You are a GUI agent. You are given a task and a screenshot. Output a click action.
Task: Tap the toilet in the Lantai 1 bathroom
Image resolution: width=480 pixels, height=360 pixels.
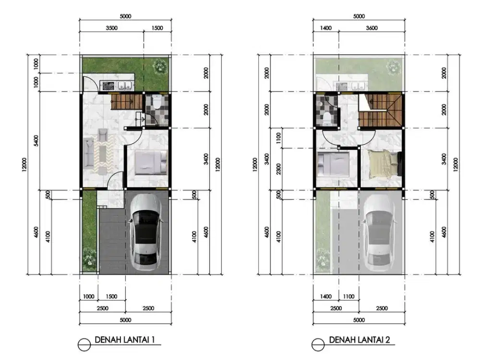coord(157,103)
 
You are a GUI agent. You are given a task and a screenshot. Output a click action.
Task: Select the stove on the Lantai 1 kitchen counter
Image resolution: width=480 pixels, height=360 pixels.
coord(108,86)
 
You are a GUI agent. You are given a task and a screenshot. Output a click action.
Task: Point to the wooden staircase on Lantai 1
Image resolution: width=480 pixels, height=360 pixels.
coord(127,102)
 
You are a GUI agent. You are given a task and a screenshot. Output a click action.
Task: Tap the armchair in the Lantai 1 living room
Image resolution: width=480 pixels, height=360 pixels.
coord(103,134)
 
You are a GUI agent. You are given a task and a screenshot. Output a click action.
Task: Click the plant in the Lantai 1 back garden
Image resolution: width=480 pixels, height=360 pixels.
coord(160,65)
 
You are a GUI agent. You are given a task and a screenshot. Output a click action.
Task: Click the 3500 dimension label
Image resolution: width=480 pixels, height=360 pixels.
coord(112,28)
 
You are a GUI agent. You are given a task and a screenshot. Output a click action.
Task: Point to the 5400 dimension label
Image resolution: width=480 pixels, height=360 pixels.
coord(36,141)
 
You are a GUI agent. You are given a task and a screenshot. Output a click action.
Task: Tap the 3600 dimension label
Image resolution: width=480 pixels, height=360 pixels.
coord(372,28)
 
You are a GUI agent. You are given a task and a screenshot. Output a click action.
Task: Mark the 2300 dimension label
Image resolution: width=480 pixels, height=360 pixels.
coord(278,169)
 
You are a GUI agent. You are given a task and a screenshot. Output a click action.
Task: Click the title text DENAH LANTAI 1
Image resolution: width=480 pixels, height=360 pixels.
coord(125,339)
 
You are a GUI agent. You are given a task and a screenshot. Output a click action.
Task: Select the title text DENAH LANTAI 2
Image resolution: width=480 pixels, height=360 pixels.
coord(360,340)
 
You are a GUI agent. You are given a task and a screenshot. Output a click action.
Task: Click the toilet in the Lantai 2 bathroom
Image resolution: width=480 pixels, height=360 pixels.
coord(327,119)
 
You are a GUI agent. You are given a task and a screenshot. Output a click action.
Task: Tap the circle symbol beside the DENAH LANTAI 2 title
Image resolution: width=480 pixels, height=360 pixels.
coord(318,345)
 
